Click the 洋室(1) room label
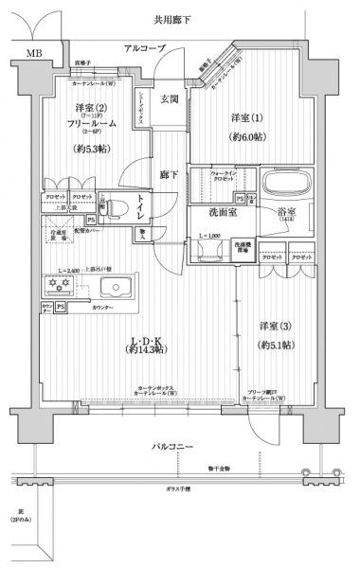(x=246, y=117)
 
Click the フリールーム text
(x=93, y=124)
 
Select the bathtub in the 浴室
(x=285, y=185)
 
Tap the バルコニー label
(x=174, y=444)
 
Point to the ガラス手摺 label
(x=174, y=489)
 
